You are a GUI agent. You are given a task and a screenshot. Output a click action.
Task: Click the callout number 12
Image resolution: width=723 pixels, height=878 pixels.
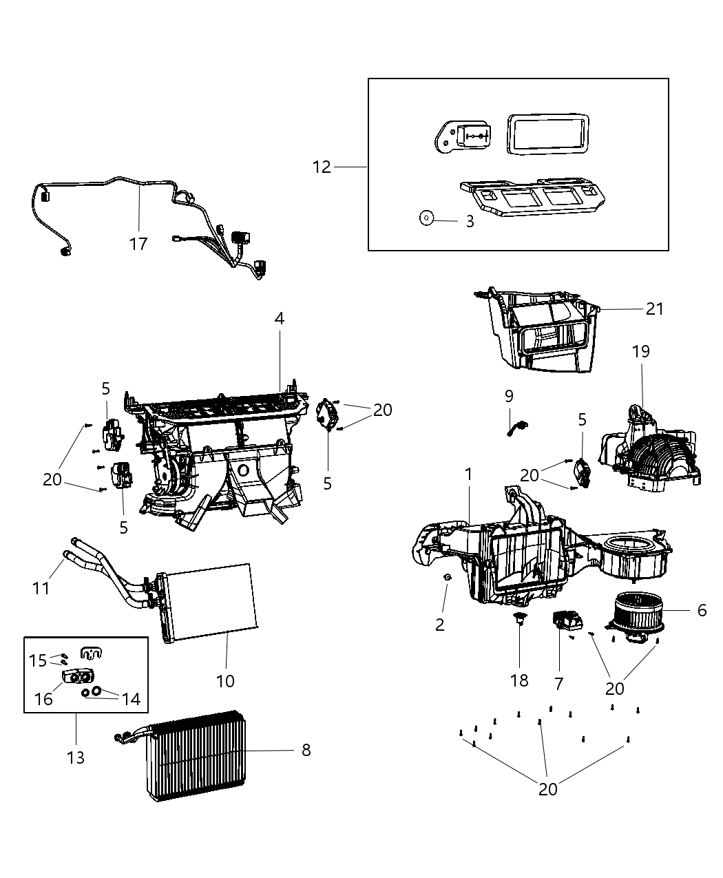[322, 167]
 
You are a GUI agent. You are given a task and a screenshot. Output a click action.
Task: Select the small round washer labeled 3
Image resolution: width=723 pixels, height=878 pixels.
[426, 218]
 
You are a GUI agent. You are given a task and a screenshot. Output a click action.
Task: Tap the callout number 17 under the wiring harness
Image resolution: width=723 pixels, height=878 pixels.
[138, 243]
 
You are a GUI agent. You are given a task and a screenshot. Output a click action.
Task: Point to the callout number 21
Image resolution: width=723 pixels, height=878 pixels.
[654, 309]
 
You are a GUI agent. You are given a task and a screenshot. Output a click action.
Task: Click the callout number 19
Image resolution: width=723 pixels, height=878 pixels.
[640, 351]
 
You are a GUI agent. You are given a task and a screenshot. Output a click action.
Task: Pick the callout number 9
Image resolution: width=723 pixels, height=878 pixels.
[509, 396]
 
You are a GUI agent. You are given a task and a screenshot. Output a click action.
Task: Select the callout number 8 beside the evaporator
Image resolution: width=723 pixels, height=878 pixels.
[306, 750]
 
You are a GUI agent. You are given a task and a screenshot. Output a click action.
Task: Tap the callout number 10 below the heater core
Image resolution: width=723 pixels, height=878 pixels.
[225, 681]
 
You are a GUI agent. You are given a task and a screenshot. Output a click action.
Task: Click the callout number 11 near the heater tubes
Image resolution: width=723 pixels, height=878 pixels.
[41, 588]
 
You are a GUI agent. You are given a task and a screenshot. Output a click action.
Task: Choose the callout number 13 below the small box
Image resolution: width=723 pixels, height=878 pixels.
[76, 757]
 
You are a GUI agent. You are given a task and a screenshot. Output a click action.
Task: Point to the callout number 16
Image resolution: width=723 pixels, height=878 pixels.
[43, 699]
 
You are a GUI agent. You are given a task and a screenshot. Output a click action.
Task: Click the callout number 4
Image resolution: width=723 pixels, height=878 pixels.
[279, 318]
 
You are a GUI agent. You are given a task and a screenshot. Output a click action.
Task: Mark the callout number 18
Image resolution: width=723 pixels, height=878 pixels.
[519, 680]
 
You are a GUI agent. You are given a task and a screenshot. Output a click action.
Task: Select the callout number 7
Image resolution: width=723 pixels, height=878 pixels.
[558, 683]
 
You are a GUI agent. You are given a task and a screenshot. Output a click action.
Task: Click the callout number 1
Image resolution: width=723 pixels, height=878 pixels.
[469, 474]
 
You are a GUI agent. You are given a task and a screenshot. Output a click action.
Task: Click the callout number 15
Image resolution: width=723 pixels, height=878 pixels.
[37, 660]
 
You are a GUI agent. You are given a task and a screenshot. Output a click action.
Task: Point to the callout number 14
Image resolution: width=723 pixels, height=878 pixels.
[130, 699]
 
